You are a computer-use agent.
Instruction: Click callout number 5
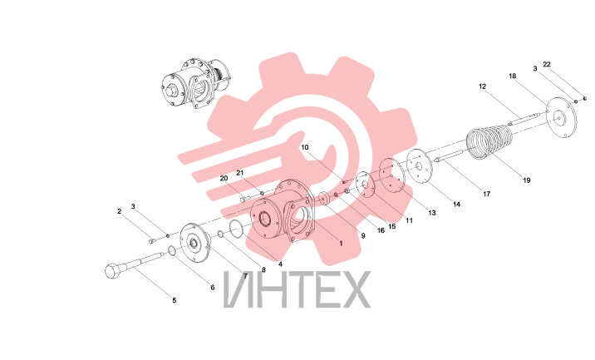175,300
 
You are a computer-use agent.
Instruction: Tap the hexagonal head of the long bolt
113,270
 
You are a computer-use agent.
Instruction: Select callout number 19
527,180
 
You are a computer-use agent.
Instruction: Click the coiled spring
490,143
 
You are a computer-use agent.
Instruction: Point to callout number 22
547,65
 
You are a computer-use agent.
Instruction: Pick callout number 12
482,86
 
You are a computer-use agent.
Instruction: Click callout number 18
512,76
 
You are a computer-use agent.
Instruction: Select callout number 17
486,194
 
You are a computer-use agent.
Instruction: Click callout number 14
456,205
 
